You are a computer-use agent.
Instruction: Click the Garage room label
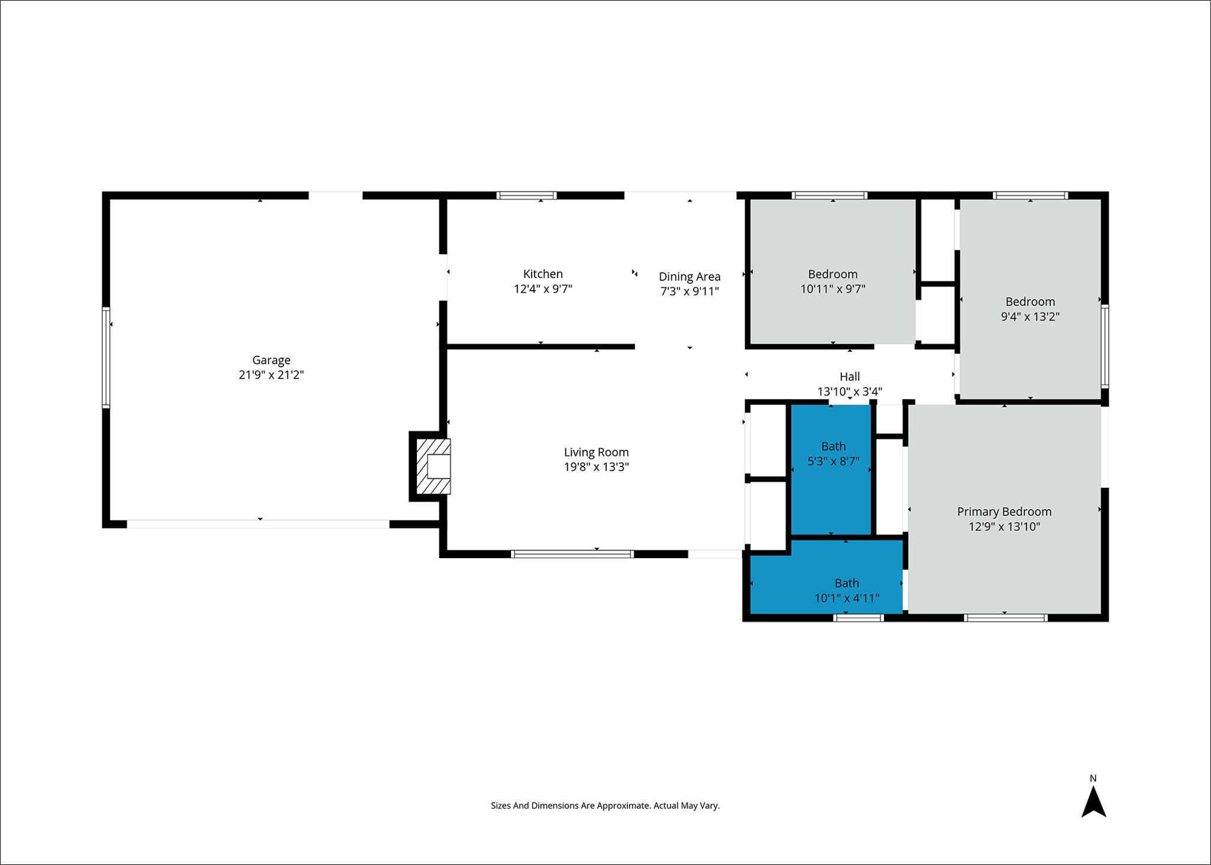pyautogui.click(x=271, y=360)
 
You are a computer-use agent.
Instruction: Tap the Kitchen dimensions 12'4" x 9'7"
pyautogui.click(x=543, y=289)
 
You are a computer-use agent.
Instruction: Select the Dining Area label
pyautogui.click(x=689, y=277)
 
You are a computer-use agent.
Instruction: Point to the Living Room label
pyautogui.click(x=596, y=452)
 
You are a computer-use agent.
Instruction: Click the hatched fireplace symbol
pyautogui.click(x=433, y=466)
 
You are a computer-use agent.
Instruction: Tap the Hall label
pyautogui.click(x=850, y=377)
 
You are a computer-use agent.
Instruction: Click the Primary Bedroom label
pyautogui.click(x=1004, y=512)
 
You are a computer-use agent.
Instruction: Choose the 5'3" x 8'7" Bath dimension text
pyautogui.click(x=833, y=461)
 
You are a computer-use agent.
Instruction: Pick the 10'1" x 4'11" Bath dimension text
pyautogui.click(x=847, y=598)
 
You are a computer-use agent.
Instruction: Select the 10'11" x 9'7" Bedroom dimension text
pyautogui.click(x=833, y=289)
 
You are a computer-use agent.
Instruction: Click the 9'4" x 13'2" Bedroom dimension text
pyautogui.click(x=1030, y=316)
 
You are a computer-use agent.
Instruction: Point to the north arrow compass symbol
pyautogui.click(x=1093, y=801)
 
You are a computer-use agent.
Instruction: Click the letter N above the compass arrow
pyautogui.click(x=1093, y=778)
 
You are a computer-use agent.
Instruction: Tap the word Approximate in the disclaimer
pyautogui.click(x=623, y=805)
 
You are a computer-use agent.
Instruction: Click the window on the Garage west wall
pyautogui.click(x=106, y=357)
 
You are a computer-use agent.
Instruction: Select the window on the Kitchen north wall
pyautogui.click(x=526, y=196)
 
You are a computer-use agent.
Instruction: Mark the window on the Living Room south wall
pyautogui.click(x=572, y=554)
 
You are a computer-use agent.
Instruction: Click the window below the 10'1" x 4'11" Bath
pyautogui.click(x=859, y=618)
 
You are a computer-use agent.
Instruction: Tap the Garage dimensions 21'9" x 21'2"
pyautogui.click(x=271, y=375)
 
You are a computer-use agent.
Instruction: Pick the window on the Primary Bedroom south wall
pyautogui.click(x=1005, y=618)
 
